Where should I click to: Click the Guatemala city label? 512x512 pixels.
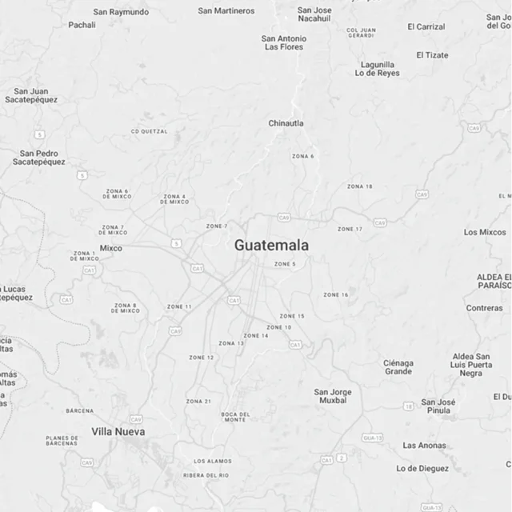271,246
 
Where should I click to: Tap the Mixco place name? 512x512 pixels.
111,248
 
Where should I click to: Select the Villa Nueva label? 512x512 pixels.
118,432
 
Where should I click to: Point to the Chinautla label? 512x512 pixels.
286,123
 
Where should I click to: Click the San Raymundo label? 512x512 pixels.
121,12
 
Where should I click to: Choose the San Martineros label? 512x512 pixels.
226,10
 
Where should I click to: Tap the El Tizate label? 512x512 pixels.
432,55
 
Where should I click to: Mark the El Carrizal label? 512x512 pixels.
426,26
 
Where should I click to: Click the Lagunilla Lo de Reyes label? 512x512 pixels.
378,69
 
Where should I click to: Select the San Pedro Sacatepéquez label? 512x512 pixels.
39,158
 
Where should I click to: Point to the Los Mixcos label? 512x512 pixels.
485,232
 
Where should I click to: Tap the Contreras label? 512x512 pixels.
485,308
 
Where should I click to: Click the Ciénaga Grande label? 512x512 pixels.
398,367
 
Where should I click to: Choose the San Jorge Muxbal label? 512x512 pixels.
333,396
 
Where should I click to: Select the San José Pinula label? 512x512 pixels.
438,406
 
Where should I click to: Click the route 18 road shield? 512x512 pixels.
408,406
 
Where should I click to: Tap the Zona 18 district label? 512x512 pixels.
359,186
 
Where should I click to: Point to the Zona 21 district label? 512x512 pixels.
198,402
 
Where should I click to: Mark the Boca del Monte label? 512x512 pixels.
235,417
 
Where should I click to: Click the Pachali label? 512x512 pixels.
82,25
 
